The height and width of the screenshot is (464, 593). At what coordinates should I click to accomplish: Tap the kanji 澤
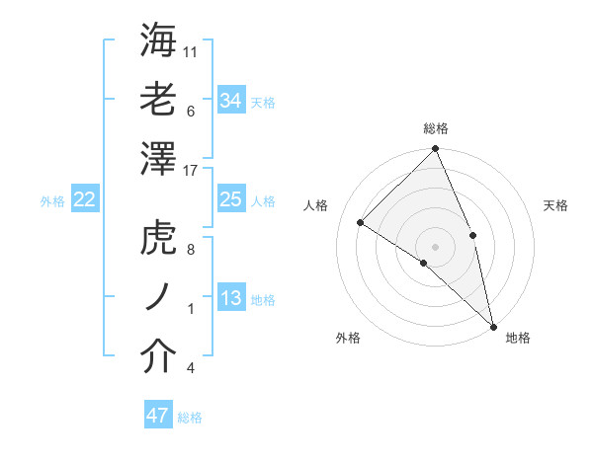pos(159,159)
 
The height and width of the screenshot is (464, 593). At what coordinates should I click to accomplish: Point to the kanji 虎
pos(159,239)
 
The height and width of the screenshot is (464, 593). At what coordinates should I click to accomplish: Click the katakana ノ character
pos(159,298)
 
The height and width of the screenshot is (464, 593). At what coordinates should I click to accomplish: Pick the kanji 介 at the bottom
pos(159,357)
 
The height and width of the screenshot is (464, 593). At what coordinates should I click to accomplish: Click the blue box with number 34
pos(231,100)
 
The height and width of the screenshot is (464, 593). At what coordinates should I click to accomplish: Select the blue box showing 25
pos(231,199)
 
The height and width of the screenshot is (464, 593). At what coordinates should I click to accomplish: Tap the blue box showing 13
pos(231,298)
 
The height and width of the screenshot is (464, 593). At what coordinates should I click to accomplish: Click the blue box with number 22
pos(85,199)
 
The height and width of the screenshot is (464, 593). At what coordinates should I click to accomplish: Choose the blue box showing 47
pos(158,416)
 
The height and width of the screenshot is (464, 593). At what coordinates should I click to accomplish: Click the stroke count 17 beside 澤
pos(191,171)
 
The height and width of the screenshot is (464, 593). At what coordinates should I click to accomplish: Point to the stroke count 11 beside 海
pos(191,51)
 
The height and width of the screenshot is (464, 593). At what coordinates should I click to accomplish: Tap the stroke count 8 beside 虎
pos(191,251)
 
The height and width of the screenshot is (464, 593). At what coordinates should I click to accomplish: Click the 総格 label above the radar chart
pos(436,128)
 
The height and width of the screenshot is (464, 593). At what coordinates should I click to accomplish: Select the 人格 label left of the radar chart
pos(316,205)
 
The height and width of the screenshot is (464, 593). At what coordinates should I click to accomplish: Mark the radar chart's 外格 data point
pos(424,263)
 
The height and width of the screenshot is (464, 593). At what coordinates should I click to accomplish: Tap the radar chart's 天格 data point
pos(472,235)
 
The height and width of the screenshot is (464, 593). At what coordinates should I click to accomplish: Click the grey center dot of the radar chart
pos(436,246)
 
